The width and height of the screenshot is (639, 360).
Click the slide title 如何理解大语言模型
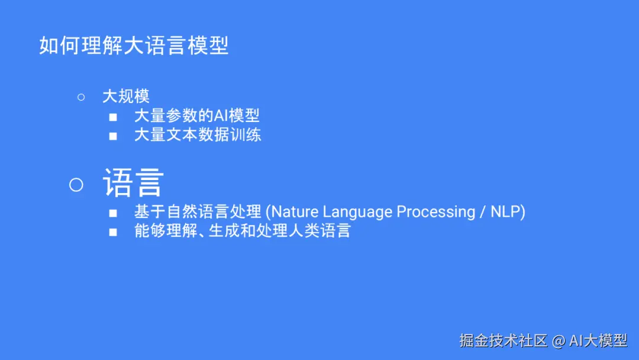(134, 45)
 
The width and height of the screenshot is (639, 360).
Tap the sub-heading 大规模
(126, 97)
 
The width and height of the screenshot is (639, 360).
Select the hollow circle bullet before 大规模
(81, 97)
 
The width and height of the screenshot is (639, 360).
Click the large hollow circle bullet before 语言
(76, 185)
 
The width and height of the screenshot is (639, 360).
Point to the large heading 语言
(133, 182)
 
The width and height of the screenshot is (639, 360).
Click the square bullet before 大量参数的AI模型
(113, 117)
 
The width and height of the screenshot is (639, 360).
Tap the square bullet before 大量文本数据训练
(113, 136)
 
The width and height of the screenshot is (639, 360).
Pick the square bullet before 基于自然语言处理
(113, 213)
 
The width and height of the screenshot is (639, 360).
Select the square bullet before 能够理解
(113, 232)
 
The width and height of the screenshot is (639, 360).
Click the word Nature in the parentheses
(295, 212)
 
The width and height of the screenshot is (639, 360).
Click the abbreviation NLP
(505, 212)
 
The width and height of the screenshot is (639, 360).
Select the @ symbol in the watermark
(559, 341)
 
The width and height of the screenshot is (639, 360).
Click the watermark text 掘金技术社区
(504, 340)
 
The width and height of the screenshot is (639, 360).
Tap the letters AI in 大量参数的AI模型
(221, 116)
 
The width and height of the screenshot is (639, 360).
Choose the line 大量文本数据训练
(198, 135)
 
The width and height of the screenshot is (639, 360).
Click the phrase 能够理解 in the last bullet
(166, 231)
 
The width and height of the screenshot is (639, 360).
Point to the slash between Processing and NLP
(483, 212)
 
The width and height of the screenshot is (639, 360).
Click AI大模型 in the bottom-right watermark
(598, 340)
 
